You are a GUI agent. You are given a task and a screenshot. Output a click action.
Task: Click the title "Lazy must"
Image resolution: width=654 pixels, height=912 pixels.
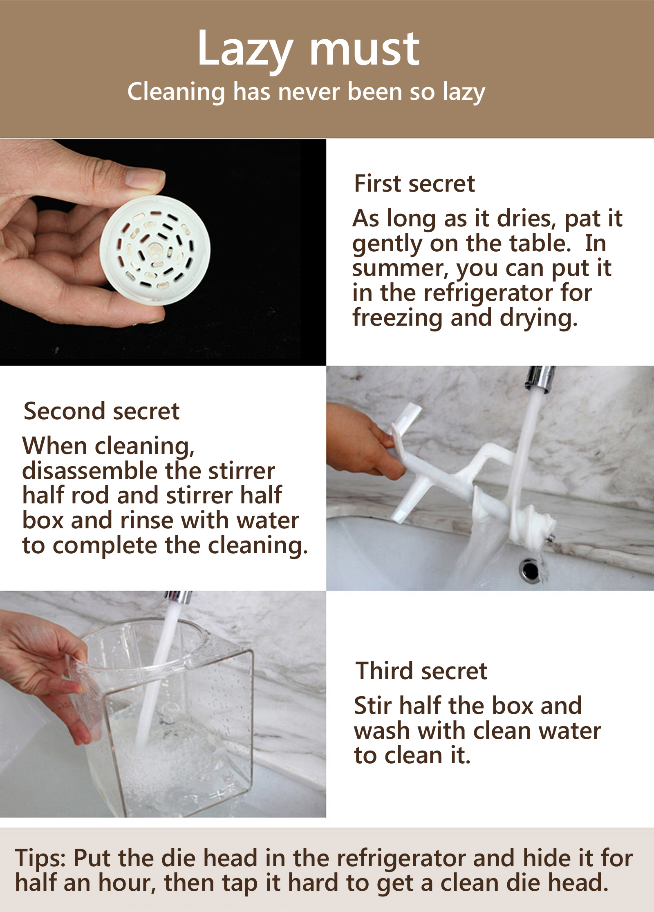tap(309, 49)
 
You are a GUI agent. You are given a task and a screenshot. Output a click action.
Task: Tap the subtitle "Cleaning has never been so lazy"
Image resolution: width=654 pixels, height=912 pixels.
tap(306, 92)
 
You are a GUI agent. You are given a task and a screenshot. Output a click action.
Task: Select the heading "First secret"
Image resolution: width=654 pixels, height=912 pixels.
tap(414, 183)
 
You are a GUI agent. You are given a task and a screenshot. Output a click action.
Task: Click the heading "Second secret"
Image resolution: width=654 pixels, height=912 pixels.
tap(101, 411)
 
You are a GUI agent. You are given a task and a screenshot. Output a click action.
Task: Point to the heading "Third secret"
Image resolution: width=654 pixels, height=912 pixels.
tap(421, 671)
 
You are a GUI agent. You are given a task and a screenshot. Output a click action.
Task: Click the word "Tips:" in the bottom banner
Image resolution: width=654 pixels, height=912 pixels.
tap(40, 858)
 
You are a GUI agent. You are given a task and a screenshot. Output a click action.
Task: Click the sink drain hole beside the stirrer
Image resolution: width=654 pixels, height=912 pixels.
tap(531, 569)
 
